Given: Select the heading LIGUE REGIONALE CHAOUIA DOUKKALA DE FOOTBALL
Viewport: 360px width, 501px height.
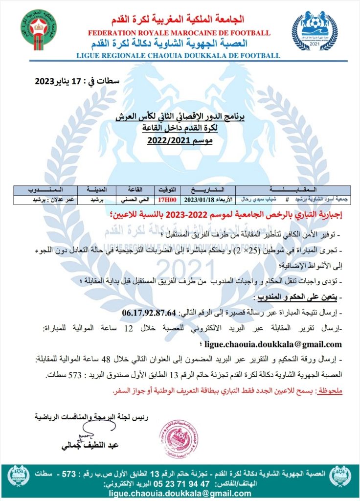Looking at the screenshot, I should (x=179, y=56).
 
